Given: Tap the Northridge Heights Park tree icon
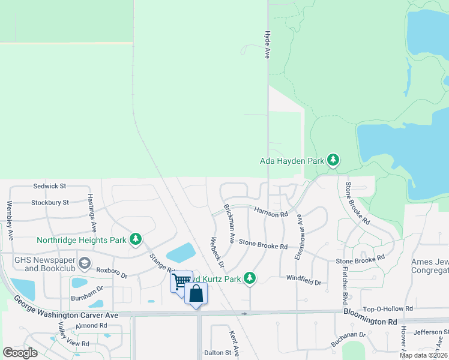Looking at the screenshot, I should click(136, 240).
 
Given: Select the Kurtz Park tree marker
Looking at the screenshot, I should click(250, 278).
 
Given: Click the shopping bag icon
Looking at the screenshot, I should click(196, 293).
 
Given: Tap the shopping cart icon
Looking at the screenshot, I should click(179, 280).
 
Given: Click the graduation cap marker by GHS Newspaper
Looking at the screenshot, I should click(84, 262).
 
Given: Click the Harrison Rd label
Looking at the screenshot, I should click(271, 212).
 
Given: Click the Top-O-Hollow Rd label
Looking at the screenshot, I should click(388, 308).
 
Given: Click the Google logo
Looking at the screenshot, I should click(20, 352).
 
